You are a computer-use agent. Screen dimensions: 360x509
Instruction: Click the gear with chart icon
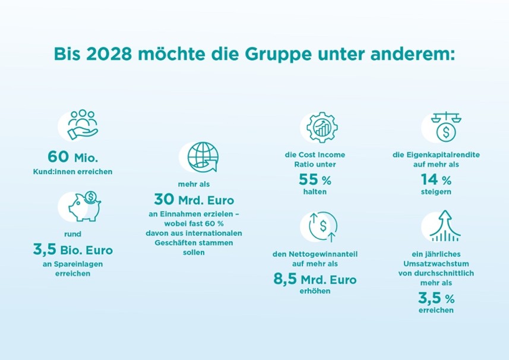pos(321,127)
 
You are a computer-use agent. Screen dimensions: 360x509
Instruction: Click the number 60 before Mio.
pos(59,157)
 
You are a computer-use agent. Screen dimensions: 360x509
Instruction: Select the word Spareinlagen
pos(78,264)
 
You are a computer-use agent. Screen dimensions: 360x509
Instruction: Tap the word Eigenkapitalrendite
pos(445,155)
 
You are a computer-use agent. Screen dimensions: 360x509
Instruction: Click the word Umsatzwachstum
pos(435,264)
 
